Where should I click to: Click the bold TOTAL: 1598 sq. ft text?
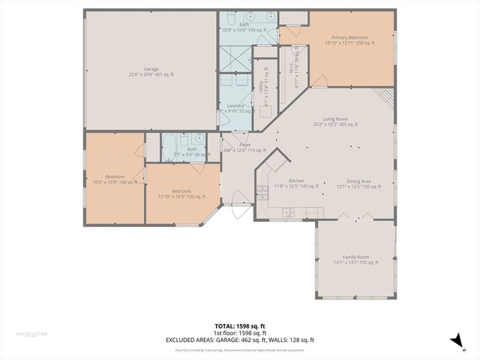coord(239,326)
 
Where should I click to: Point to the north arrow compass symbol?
coord(454,341)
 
